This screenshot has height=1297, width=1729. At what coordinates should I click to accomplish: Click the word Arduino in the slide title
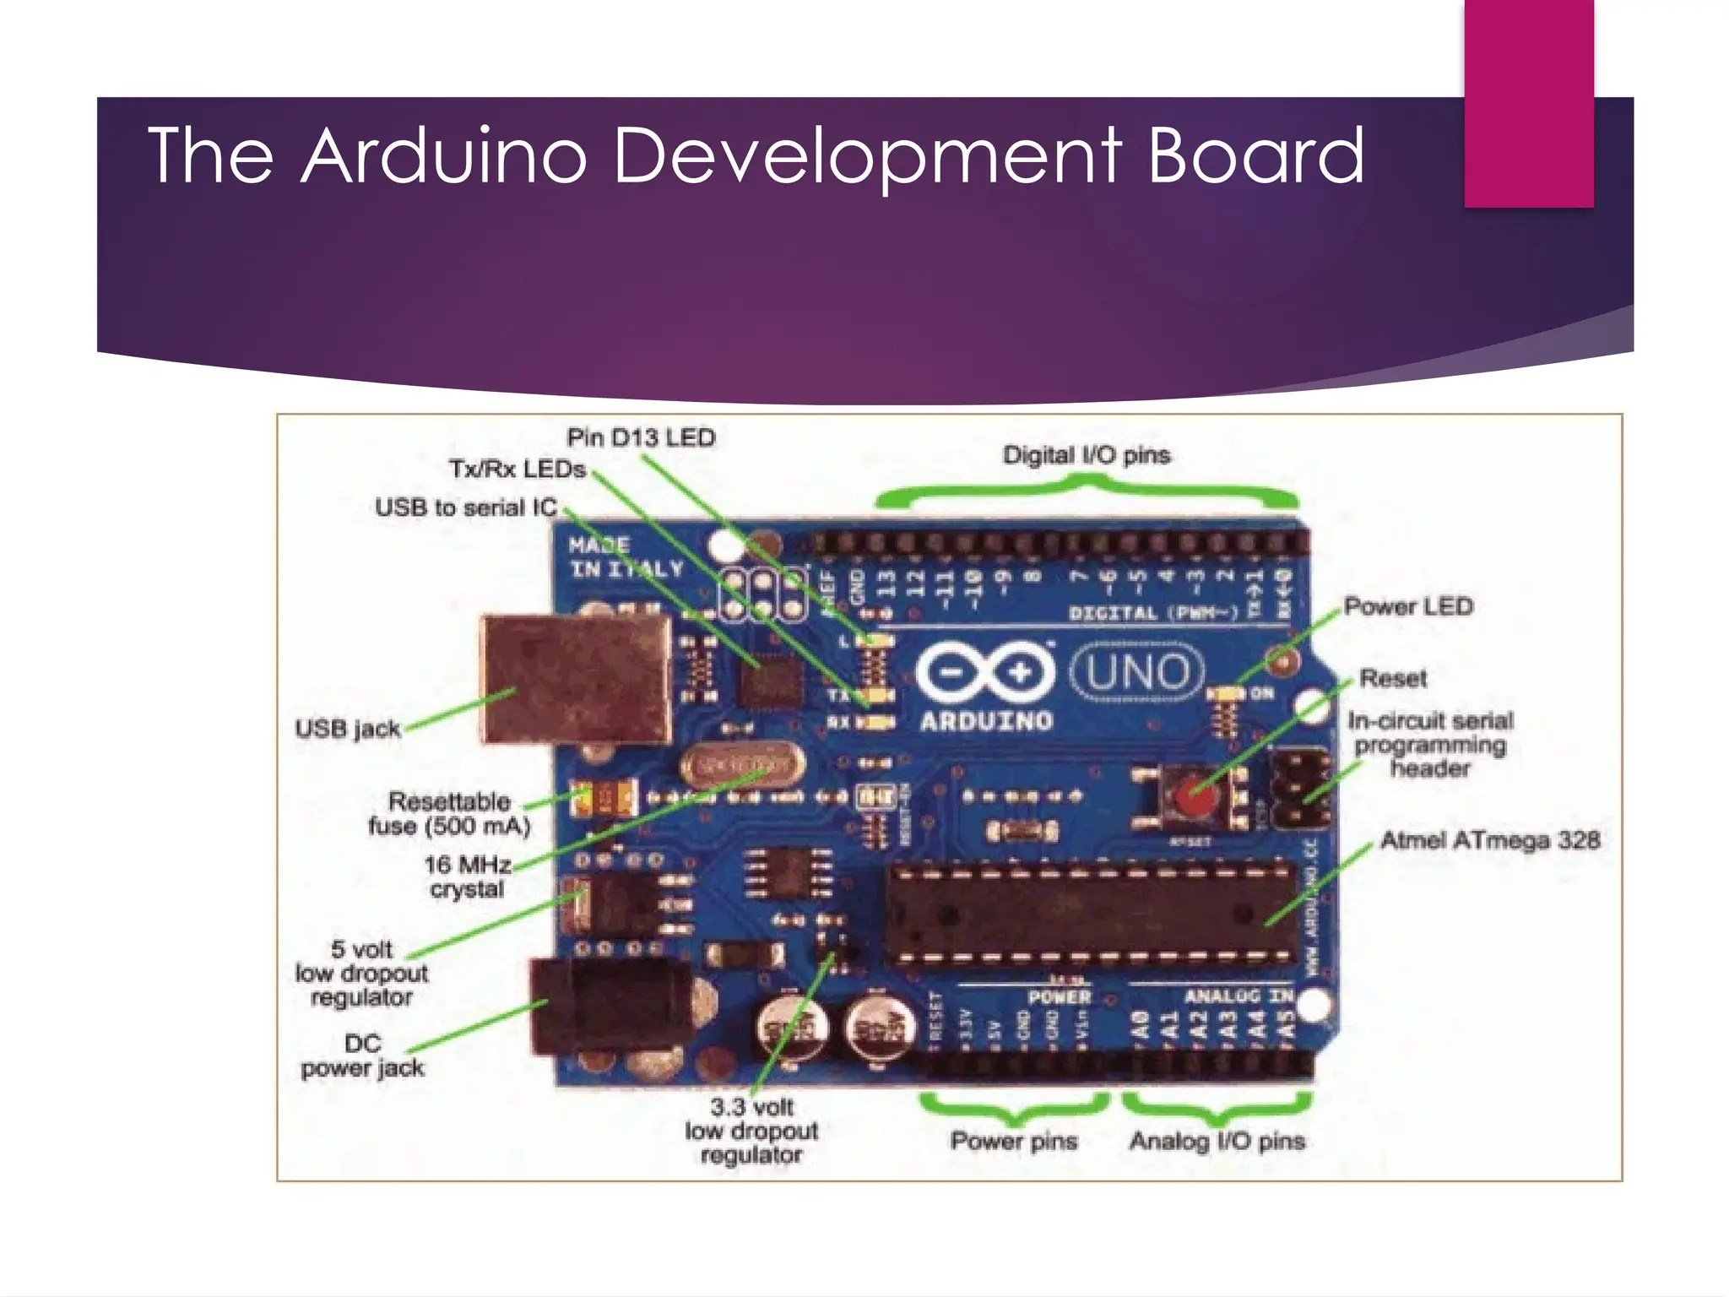coord(444,155)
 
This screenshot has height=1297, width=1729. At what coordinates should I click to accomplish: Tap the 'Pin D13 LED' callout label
coord(641,437)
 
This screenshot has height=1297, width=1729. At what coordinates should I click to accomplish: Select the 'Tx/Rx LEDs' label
coord(517,469)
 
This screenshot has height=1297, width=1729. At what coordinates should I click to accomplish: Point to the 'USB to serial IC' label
coord(466,507)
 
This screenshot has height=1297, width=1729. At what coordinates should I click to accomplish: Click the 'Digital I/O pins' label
coord(1087,455)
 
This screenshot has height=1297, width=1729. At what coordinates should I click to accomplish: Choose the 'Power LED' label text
coord(1408,606)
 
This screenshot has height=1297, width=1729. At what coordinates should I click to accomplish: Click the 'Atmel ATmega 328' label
coord(1490,840)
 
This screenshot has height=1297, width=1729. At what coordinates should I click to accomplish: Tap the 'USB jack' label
coord(348,728)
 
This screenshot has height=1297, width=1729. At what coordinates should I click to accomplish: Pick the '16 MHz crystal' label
coord(467,876)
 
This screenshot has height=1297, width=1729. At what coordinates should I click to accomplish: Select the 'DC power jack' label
coord(363,1056)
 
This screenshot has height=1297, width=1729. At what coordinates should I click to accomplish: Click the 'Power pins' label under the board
coord(1014,1141)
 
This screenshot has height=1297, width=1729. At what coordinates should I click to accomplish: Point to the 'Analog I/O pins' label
coord(1217,1141)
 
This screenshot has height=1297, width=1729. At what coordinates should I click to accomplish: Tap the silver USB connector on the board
coord(576,679)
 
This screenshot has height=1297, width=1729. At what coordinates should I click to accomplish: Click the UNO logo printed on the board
coord(1137,673)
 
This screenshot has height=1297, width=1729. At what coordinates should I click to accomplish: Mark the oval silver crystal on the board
coord(741,766)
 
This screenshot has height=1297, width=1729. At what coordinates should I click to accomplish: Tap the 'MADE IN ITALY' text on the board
coord(625,557)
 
